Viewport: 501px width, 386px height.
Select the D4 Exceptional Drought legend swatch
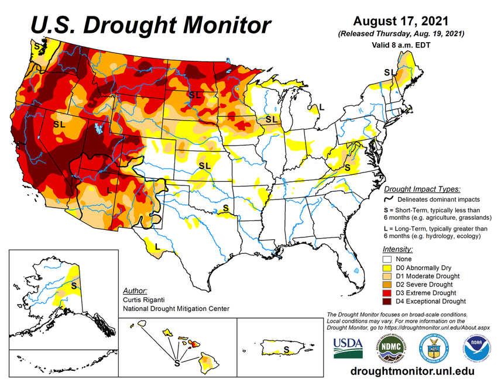[x=387, y=301]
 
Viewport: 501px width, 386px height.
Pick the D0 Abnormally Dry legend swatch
[x=387, y=267]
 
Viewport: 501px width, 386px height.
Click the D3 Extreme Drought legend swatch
[x=387, y=292]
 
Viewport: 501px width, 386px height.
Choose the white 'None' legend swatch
[x=387, y=259]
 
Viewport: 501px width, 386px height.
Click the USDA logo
[x=348, y=347]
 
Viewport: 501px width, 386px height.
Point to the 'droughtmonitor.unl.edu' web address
[x=411, y=372]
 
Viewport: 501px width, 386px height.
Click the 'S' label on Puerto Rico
[x=286, y=350]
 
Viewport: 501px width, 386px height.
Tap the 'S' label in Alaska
[x=74, y=286]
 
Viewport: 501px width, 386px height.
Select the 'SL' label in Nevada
[x=59, y=125]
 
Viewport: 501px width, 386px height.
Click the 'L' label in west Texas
[x=157, y=238]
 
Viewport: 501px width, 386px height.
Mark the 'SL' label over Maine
[x=389, y=72]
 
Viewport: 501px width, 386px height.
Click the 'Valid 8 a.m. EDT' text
[x=401, y=44]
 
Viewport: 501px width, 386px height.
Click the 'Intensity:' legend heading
[x=397, y=249]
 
